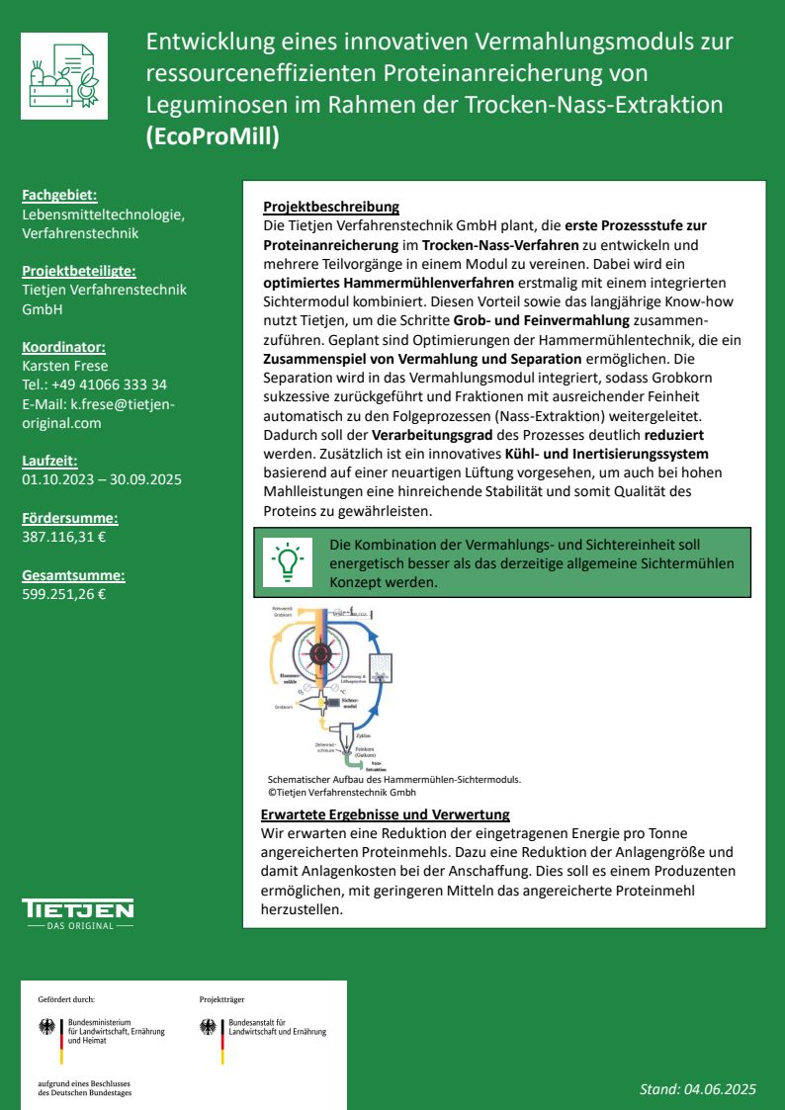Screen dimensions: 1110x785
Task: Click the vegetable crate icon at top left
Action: point(64,76)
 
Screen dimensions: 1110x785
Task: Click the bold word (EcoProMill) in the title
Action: point(213,136)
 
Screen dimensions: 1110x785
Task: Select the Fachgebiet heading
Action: point(59,197)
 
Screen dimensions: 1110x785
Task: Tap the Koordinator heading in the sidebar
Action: point(63,347)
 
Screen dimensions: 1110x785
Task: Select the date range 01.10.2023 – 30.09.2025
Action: point(102,479)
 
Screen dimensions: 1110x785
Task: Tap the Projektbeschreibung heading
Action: point(331,208)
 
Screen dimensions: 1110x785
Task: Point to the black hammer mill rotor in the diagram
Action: point(319,653)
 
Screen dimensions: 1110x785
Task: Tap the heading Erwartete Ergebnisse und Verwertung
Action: point(386,814)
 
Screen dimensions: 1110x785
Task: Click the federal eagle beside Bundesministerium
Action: point(46,1027)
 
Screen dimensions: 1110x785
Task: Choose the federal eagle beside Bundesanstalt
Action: point(208,1027)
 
